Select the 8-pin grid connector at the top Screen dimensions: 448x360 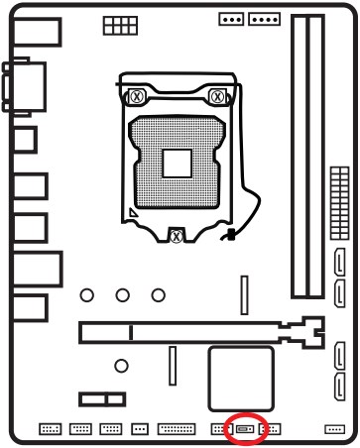point(116,31)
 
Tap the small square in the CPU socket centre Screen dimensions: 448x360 point(178,162)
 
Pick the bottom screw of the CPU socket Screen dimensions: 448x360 point(176,236)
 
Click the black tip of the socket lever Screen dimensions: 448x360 point(230,237)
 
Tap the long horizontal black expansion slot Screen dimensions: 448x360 point(188,331)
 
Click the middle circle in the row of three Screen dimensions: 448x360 point(123,293)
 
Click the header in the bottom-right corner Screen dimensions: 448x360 point(334,430)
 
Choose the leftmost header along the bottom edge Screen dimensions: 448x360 point(50,430)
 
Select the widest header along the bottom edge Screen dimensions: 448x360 point(177,430)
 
